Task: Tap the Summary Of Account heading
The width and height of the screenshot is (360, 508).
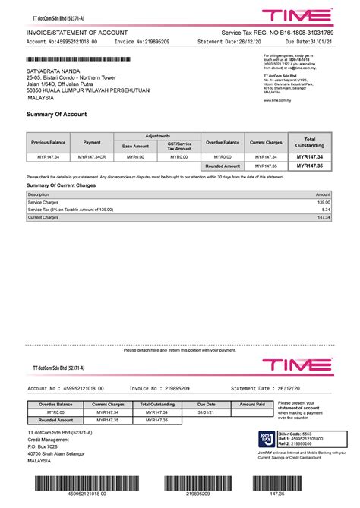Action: tap(57, 114)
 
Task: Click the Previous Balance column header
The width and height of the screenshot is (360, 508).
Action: tap(48, 142)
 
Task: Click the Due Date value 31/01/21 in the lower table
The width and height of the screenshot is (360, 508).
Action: tap(207, 413)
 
